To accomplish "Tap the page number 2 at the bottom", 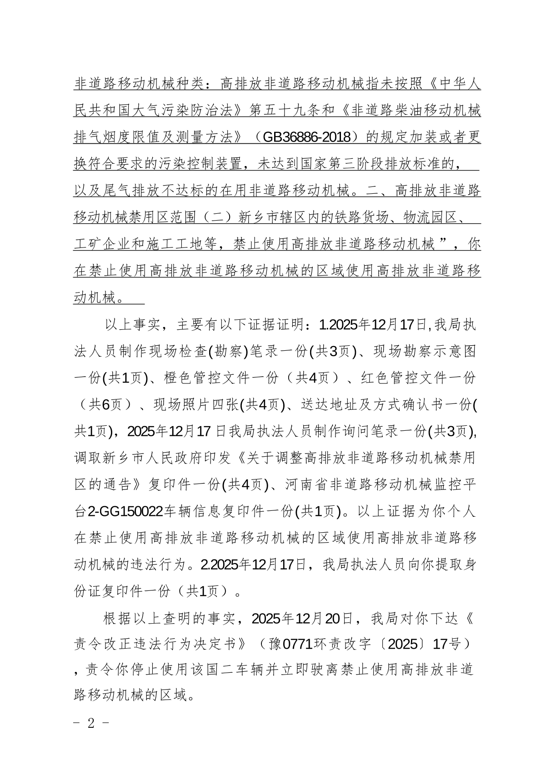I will (91, 723).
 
